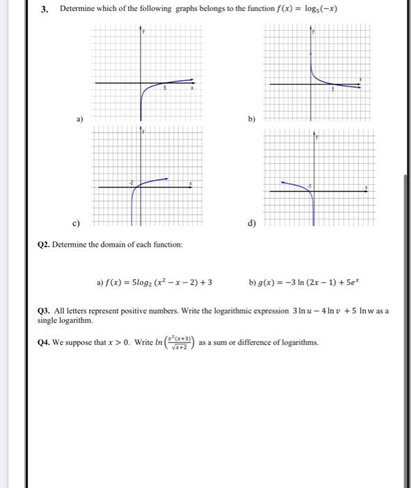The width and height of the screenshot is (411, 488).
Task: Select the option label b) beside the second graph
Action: tap(249, 119)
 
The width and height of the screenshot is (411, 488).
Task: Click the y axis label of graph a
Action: tap(144, 31)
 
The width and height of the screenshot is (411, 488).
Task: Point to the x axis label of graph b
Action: tap(360, 79)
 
